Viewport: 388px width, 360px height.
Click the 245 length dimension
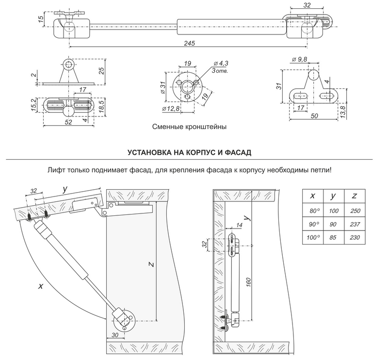[190, 44]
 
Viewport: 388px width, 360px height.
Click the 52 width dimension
[68, 122]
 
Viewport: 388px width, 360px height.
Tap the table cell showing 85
[333, 238]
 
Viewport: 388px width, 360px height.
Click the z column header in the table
[355, 196]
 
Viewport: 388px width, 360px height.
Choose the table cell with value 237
[355, 224]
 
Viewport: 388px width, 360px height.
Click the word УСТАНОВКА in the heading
[150, 152]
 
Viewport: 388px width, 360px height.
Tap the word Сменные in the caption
[167, 127]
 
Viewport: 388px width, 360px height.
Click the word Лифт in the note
[57, 171]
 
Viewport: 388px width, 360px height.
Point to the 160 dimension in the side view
[248, 281]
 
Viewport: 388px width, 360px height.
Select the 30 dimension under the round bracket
[114, 335]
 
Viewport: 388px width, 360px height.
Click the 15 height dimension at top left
[41, 19]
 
